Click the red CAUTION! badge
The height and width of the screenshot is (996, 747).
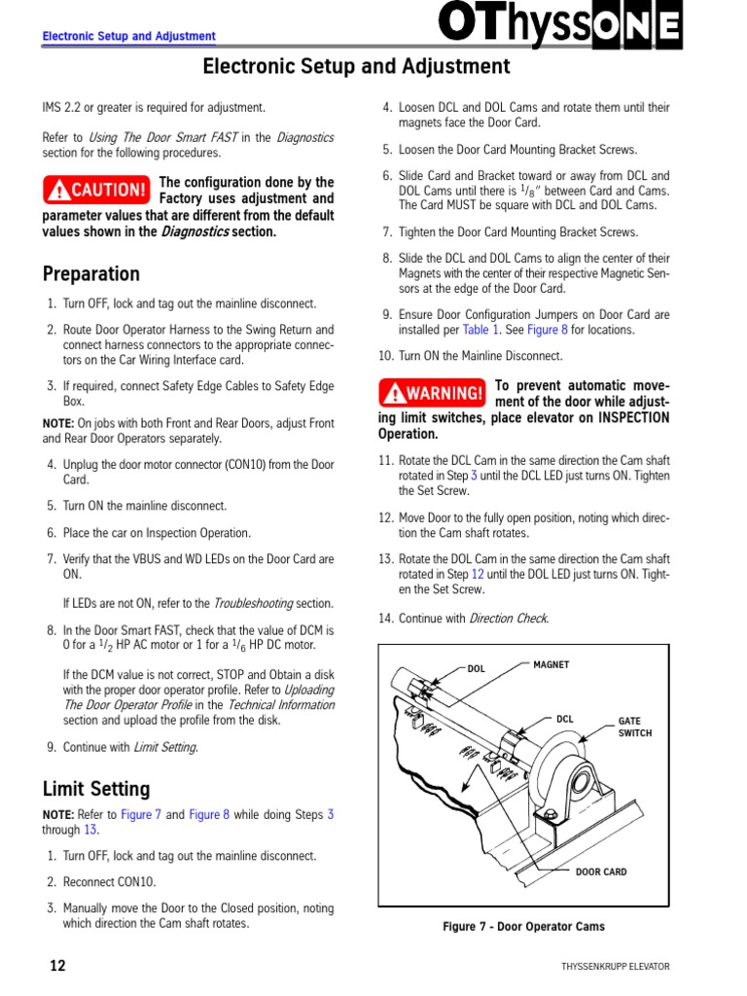coord(96,189)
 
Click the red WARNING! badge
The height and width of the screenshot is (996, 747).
coord(432,393)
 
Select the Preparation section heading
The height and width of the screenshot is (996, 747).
coord(91,273)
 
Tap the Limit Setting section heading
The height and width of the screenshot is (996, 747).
coord(96,789)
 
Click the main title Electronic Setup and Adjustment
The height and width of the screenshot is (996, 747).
coord(356,66)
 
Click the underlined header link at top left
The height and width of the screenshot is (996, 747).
coord(128,37)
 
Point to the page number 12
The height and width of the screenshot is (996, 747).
coord(57,966)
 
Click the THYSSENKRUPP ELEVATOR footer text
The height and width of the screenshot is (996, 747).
coord(615,967)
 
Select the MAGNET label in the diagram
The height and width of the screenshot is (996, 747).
coord(551,665)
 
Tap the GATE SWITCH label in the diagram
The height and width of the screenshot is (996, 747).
coord(635,728)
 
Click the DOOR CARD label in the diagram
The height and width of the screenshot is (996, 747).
coord(601,871)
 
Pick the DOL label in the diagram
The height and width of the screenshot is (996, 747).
coord(476,669)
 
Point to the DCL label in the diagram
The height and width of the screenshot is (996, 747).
coord(564,720)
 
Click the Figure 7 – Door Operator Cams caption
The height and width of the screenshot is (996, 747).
coord(523,927)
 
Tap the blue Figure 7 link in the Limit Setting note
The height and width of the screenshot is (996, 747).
coord(141,815)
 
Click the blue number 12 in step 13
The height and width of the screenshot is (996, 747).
coord(478,575)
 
